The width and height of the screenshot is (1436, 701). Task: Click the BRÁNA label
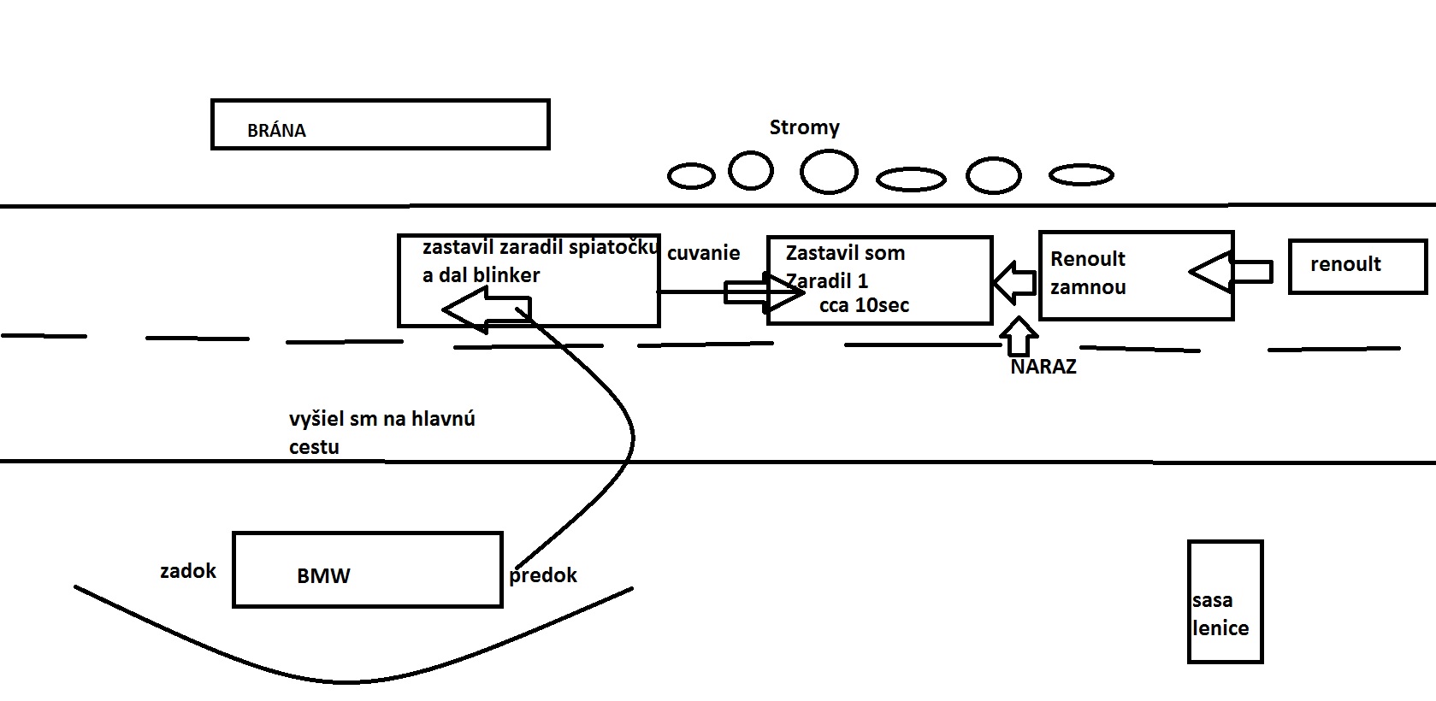coord(276,131)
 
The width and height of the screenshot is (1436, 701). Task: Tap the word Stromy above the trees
coord(804,128)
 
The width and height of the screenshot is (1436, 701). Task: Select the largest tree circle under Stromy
coord(828,171)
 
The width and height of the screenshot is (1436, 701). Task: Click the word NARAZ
coord(1043,367)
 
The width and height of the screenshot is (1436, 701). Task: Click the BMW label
coord(323,575)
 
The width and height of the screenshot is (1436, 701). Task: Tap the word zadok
coord(188,571)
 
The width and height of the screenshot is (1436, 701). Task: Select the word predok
coord(542,575)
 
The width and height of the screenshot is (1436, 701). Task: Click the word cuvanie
coord(703,253)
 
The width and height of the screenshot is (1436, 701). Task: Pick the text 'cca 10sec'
coord(864,305)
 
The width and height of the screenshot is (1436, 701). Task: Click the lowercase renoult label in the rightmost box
coord(1345,264)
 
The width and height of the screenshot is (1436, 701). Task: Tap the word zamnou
coord(1088,287)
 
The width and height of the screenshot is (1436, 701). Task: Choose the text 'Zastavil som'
coord(845,253)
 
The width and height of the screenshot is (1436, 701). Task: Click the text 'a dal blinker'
coord(481,275)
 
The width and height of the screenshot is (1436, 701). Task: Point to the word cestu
coord(314,447)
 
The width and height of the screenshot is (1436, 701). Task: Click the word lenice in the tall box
coord(1220,628)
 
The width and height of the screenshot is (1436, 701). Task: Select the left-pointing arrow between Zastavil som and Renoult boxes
coord(1014,282)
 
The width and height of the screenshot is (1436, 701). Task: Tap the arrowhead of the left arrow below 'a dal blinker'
coord(462,309)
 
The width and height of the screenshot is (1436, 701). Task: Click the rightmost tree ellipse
coord(1081,175)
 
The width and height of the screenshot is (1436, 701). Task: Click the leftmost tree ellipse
coord(690,176)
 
